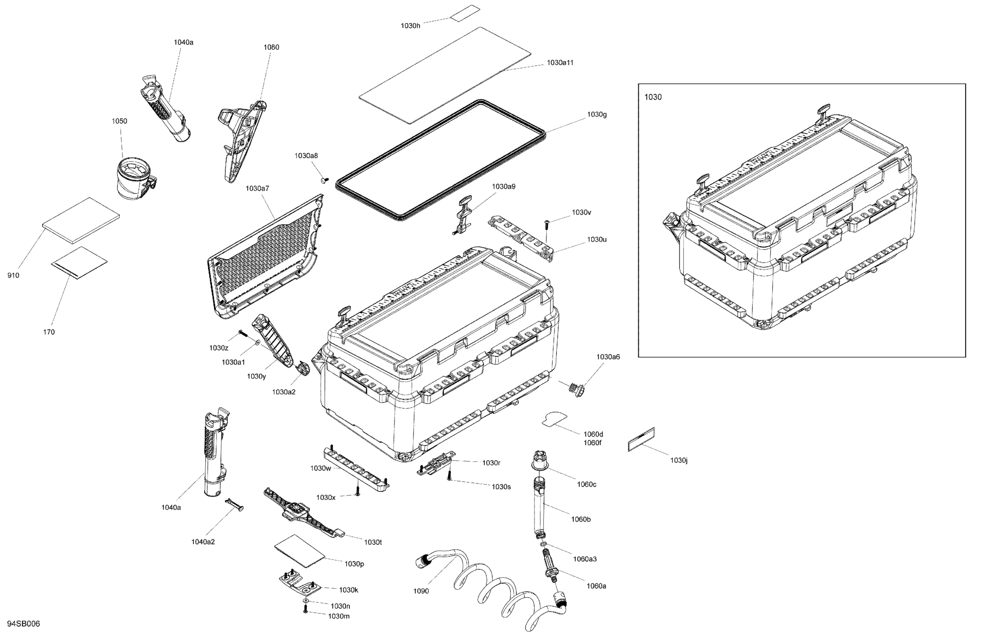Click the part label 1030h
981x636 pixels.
tap(410, 25)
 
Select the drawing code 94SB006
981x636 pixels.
tap(24, 624)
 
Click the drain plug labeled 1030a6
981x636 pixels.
tap(575, 388)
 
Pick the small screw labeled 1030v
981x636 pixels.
tap(547, 223)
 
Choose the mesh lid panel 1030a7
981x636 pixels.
tap(266, 258)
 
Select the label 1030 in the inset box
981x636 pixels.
tap(653, 97)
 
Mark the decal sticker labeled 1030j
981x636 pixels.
tap(641, 439)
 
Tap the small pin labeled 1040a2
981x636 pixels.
tap(234, 505)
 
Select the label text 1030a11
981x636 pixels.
tap(560, 62)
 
